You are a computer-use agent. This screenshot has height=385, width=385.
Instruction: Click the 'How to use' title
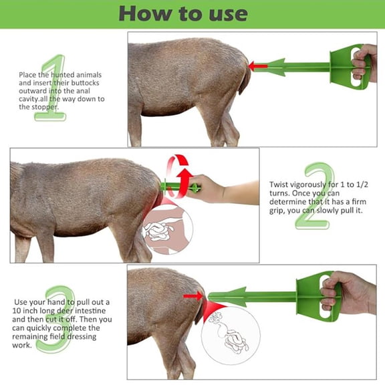pyautogui.click(x=192, y=13)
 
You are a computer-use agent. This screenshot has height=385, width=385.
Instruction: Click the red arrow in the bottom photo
pyautogui.click(x=193, y=295)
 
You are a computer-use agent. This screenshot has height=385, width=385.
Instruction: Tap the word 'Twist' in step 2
pyautogui.click(x=281, y=184)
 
